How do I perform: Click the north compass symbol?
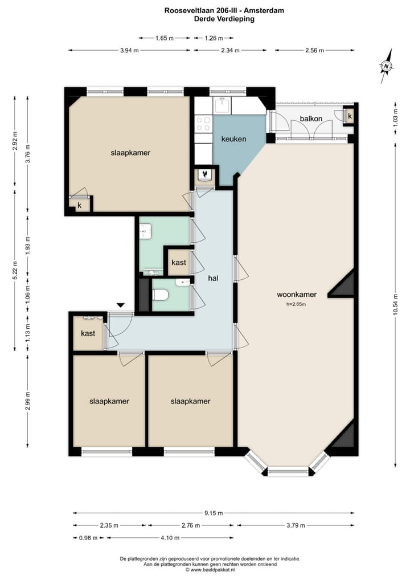tap(387, 66)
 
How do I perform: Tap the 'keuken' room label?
tap(233, 138)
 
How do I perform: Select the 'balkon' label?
tap(311, 119)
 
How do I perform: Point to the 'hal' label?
tap(214, 278)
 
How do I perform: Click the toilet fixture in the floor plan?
tap(160, 295)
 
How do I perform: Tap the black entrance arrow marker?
tap(120, 306)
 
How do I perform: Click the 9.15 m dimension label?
tap(214, 513)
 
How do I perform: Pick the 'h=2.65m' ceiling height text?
tap(296, 304)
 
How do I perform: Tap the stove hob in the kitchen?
tap(203, 124)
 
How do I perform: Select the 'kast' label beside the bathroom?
tap(178, 263)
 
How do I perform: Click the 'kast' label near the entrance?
tap(88, 333)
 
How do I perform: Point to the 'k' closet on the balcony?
tap(350, 116)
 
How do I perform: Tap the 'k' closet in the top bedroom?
tap(80, 205)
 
